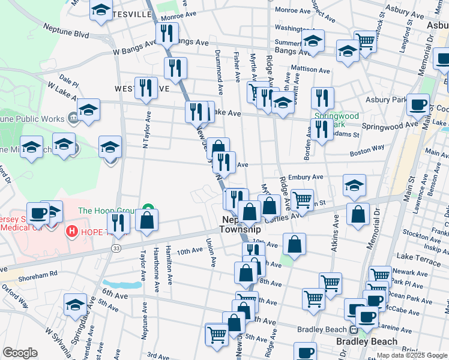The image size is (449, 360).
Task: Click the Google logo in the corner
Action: click(20, 353)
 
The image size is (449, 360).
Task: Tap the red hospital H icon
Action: click(72, 231)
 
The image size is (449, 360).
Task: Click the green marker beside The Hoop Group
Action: click(148, 210)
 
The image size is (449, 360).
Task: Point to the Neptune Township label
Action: click(240, 224)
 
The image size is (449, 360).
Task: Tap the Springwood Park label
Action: click(337, 120)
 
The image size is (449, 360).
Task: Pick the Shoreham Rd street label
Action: click(37, 272)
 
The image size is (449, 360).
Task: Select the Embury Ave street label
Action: click(305, 177)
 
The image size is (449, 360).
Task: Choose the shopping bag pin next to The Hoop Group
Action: click(146, 220)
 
